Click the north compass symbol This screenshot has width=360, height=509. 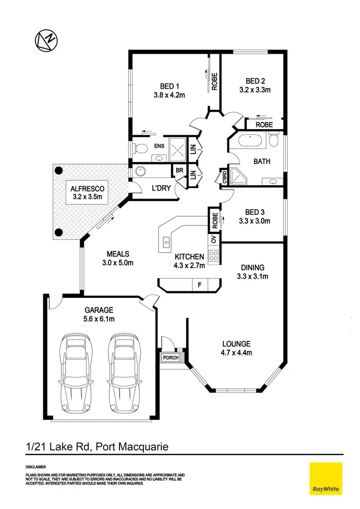point(47,40)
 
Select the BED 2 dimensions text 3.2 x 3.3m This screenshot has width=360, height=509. point(255,90)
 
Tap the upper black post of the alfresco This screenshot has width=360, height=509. point(59,170)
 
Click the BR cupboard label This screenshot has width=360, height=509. point(179,171)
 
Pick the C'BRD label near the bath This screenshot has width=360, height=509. point(224,177)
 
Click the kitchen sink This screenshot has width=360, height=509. point(166,243)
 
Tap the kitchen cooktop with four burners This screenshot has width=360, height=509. point(214,256)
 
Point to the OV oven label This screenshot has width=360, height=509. point(214,239)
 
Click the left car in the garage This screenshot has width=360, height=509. point(74,373)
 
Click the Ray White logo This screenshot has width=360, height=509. point(326,478)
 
